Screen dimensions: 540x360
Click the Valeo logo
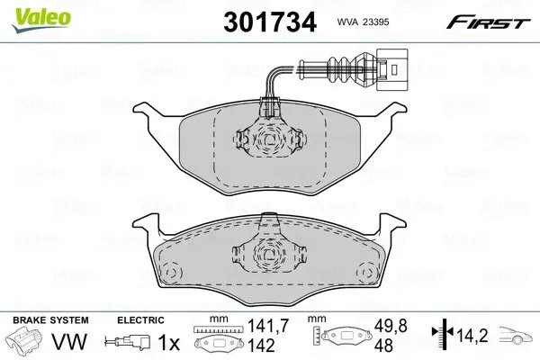click(41, 19)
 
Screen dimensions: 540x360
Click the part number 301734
click(270, 22)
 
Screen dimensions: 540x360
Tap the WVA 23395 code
click(363, 22)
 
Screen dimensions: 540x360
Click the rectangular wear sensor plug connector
click(392, 69)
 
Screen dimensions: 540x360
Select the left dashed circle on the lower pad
click(172, 273)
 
